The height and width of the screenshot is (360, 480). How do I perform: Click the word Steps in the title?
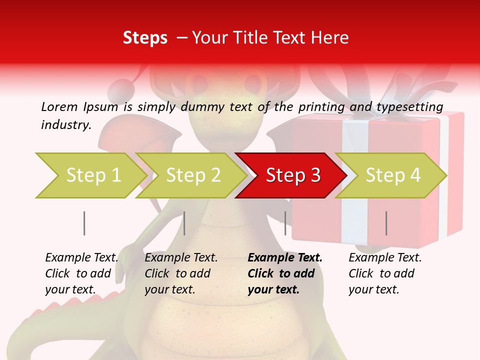pos(145,38)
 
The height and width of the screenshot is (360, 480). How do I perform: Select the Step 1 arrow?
pos(90,175)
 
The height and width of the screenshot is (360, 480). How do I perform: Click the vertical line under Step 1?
pos(84,223)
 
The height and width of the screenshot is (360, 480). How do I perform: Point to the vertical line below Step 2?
pos(184,223)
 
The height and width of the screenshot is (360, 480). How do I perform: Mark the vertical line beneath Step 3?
pos(285,223)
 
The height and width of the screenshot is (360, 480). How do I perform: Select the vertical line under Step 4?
pos(386,223)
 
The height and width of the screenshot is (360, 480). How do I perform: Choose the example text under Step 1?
pos(81,273)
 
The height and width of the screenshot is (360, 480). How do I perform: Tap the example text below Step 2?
pos(181,273)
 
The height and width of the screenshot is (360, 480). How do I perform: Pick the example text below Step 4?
pos(385,273)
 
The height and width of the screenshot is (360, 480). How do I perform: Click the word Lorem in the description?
pos(59,106)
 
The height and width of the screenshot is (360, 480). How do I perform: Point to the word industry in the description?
pos(65,124)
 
